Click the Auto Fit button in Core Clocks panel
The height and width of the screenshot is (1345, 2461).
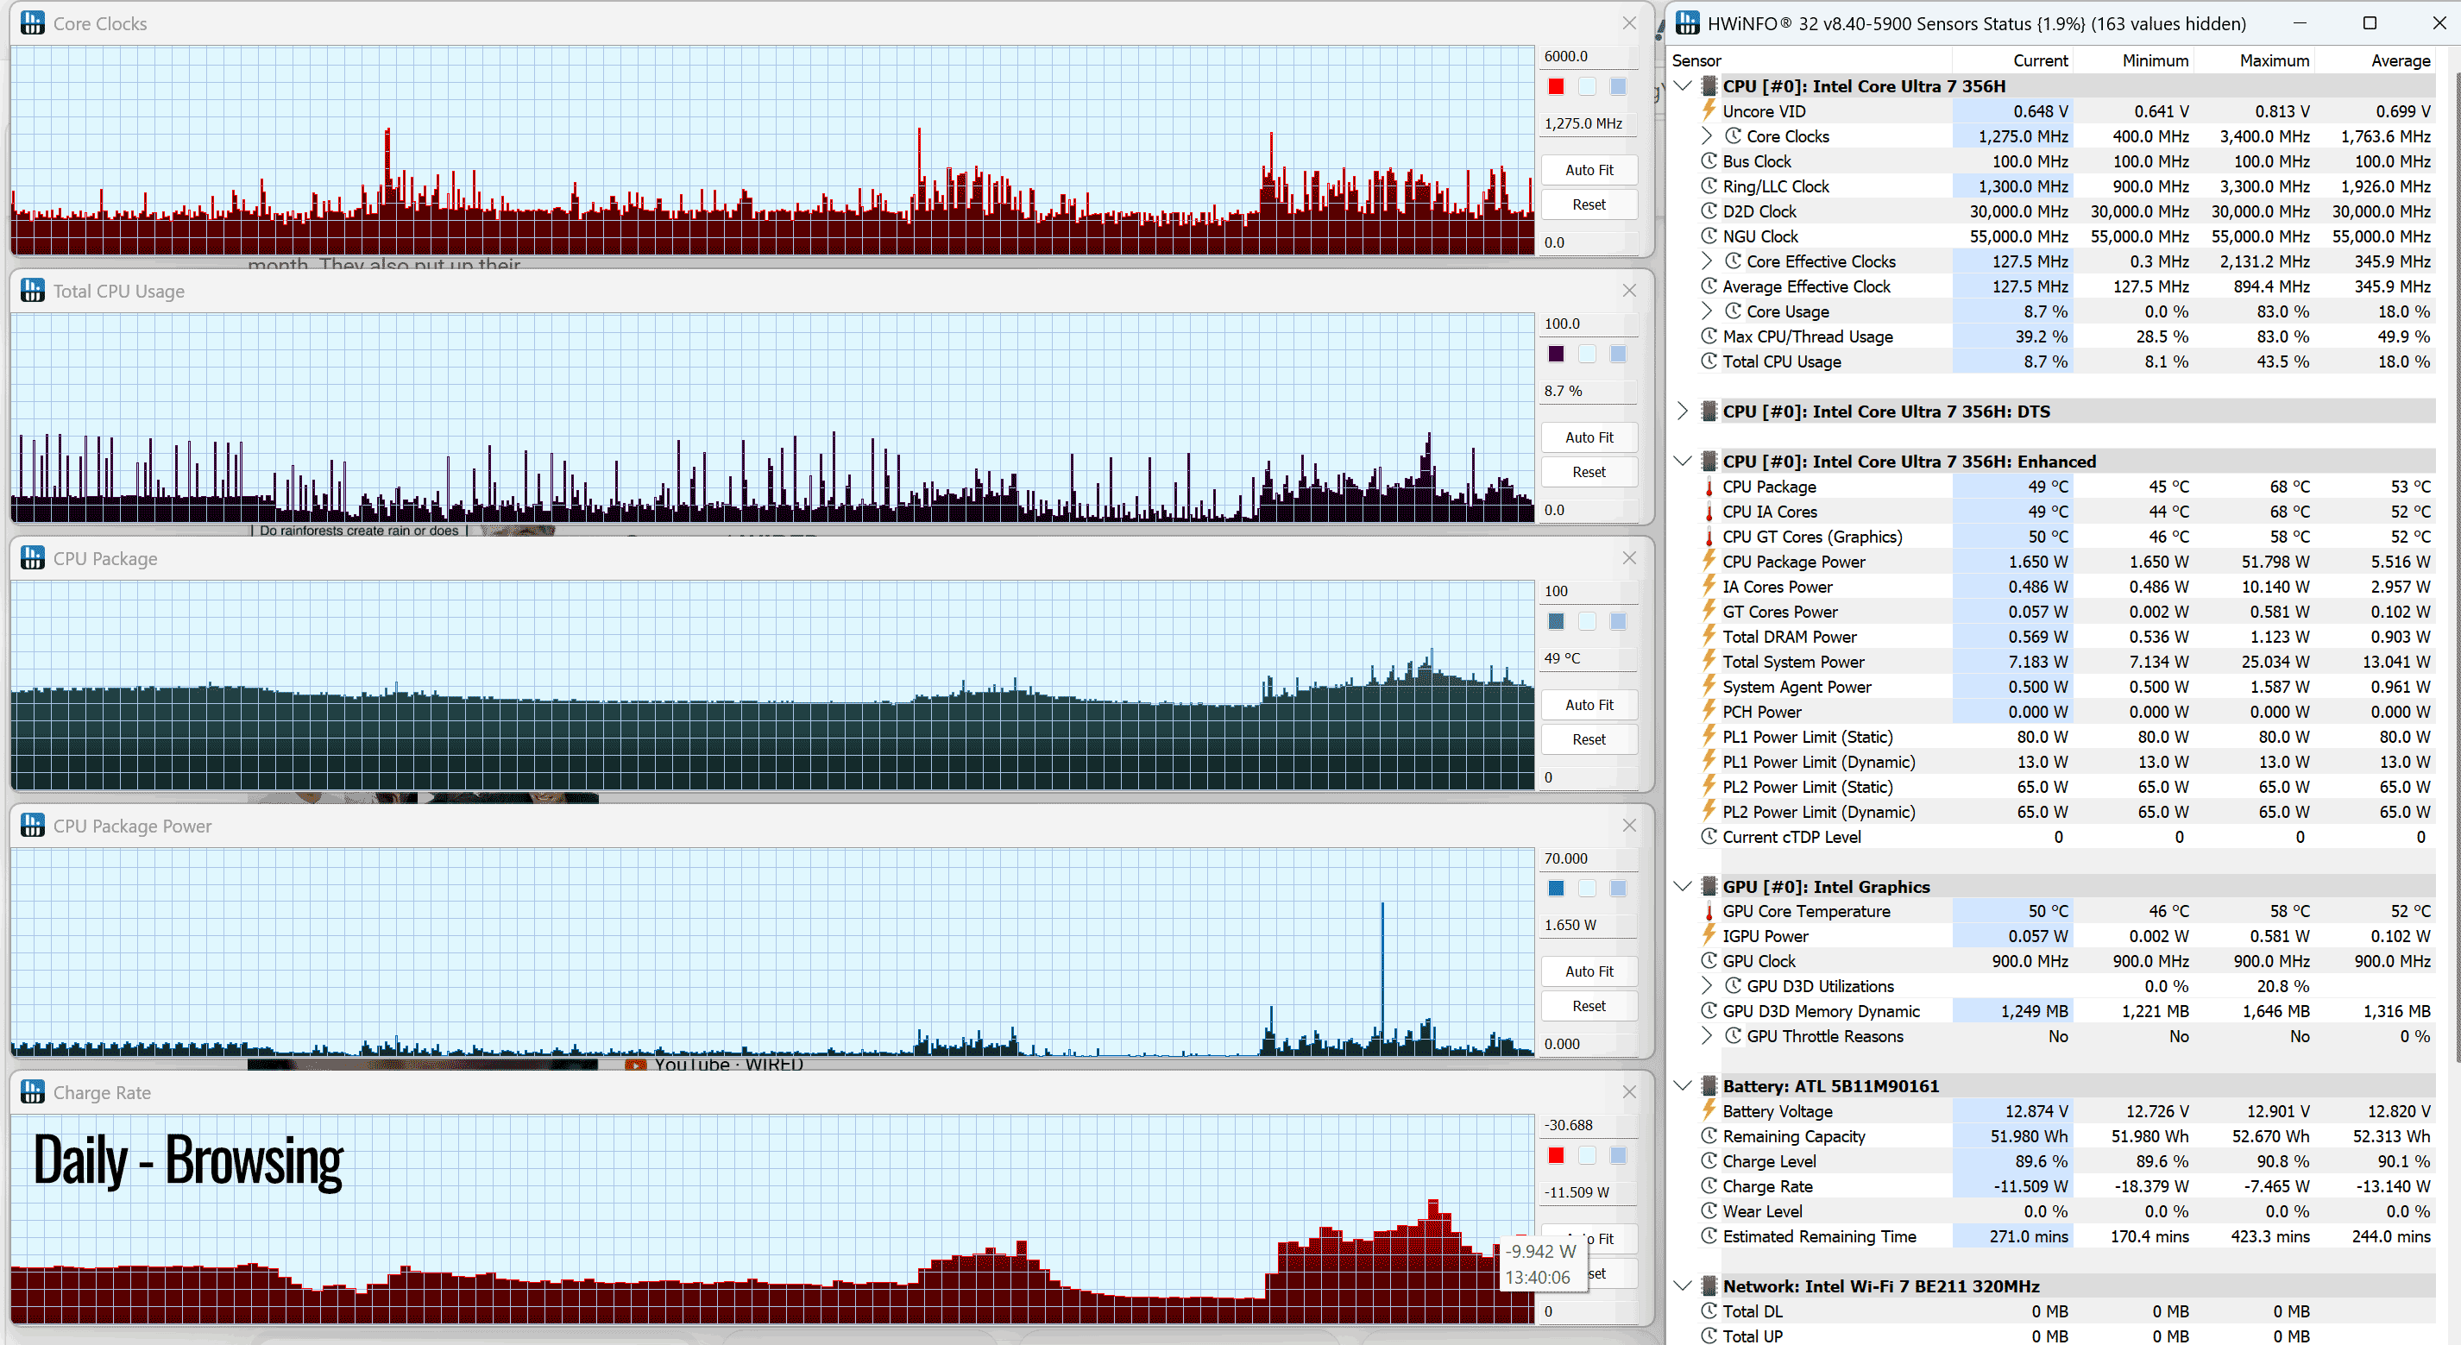click(1589, 170)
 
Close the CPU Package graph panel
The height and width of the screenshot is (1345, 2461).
click(1629, 558)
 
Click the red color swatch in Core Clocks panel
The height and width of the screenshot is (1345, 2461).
click(1557, 87)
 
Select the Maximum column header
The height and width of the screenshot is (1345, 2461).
click(2274, 60)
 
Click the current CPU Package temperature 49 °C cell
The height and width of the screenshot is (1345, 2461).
click(2048, 487)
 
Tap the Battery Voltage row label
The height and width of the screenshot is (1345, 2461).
click(1777, 1111)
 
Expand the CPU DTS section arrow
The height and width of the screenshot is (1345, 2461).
click(1683, 412)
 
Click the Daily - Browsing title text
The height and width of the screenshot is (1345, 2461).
click(188, 1160)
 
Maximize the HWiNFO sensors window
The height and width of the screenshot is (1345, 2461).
click(2370, 23)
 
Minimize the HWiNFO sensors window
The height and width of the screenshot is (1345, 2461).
click(2300, 23)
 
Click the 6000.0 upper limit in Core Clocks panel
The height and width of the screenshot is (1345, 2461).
click(1566, 56)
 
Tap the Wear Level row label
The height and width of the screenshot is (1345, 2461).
click(1762, 1211)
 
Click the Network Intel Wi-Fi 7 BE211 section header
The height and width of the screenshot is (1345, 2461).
click(1880, 1285)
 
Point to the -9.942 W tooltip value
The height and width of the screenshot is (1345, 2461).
click(1541, 1251)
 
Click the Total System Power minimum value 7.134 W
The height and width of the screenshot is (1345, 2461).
click(2158, 662)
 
